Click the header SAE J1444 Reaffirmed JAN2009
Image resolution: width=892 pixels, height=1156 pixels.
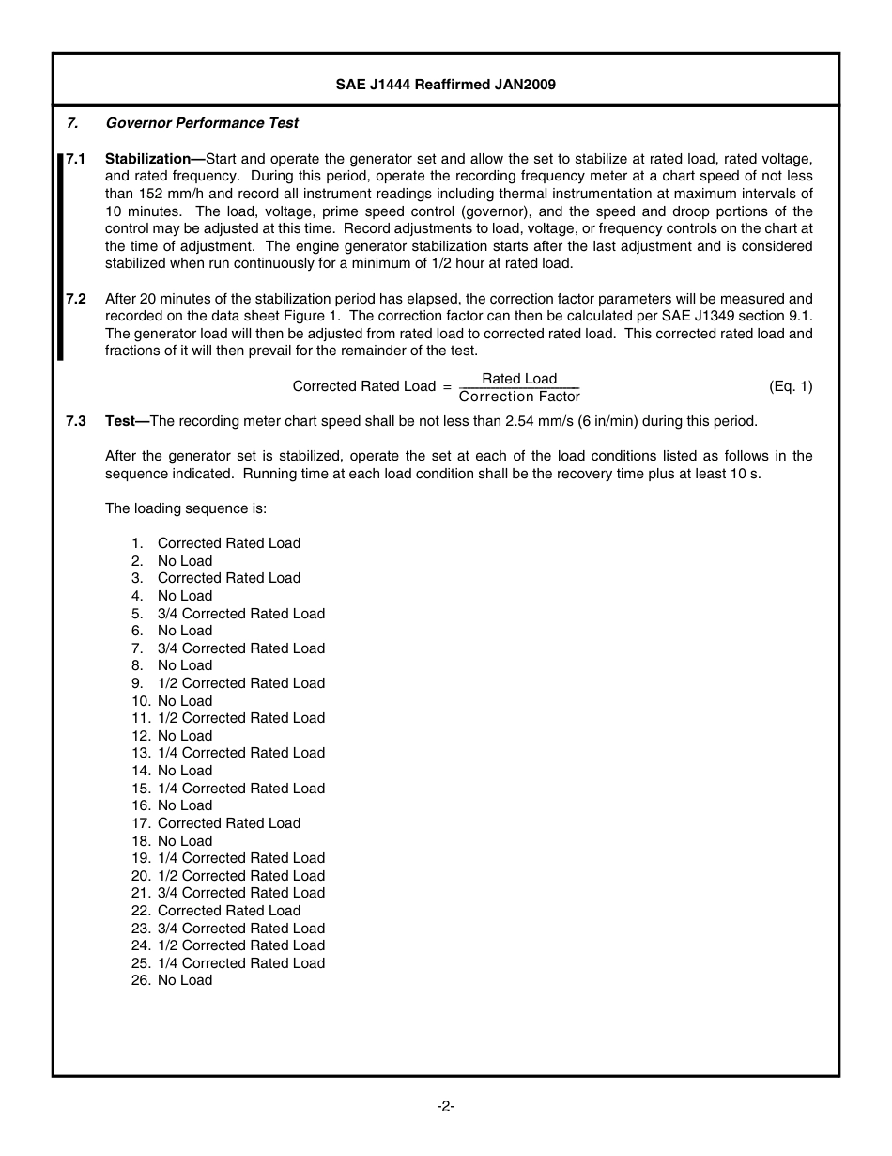click(446, 85)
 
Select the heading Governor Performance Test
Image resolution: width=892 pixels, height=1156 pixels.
click(202, 123)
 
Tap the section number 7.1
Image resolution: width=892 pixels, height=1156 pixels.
click(76, 159)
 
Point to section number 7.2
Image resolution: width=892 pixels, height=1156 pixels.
click(76, 299)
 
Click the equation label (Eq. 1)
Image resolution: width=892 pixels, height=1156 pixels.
click(791, 386)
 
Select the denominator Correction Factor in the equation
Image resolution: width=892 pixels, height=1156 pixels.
click(519, 397)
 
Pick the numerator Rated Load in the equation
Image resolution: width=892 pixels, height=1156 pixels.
click(519, 379)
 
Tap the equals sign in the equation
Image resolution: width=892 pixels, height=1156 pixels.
click(447, 386)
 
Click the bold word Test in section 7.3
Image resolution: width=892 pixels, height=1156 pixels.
click(120, 421)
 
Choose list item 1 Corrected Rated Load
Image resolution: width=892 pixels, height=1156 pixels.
click(228, 543)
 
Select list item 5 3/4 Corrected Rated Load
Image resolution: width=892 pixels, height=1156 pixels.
click(240, 614)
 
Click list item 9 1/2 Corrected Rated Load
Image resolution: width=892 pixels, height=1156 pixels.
click(240, 683)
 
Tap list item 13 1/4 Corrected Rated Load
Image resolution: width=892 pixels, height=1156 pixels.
click(240, 753)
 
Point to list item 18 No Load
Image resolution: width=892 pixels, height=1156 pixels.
click(185, 841)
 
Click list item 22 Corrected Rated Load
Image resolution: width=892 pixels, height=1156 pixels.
click(228, 911)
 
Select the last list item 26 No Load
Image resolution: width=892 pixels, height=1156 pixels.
click(185, 980)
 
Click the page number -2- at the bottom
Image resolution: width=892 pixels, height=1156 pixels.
click(446, 1106)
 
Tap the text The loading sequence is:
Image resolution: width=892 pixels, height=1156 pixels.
click(186, 508)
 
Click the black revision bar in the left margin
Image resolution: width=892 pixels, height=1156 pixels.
click(60, 255)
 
